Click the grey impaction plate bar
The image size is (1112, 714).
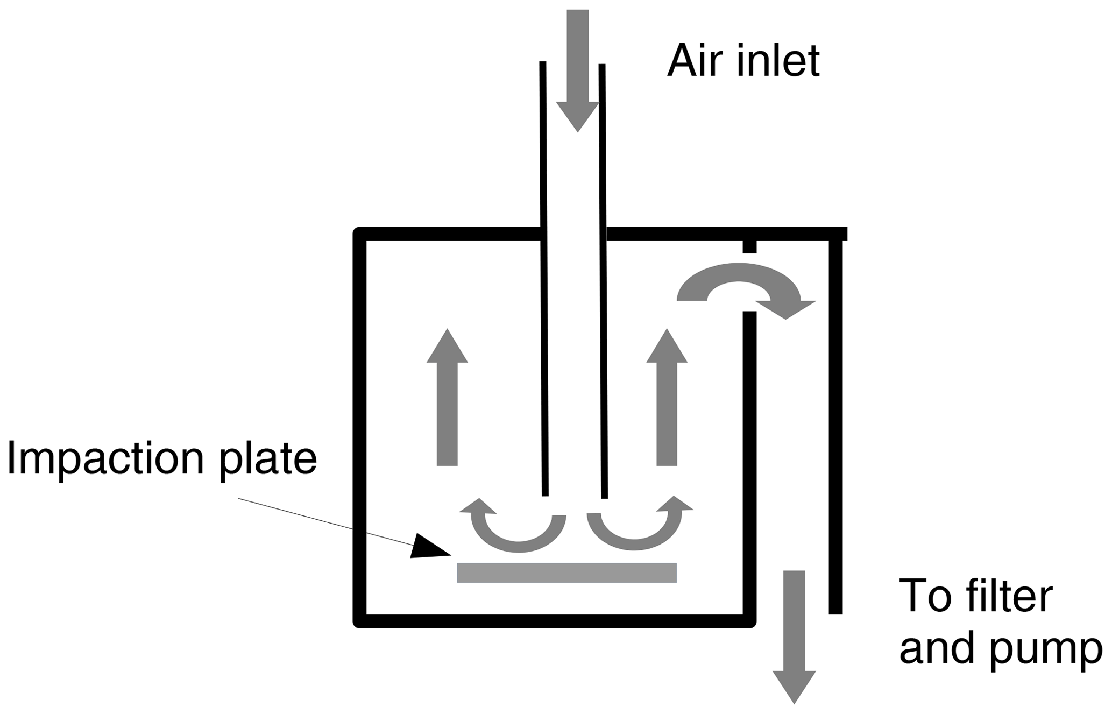coord(566,572)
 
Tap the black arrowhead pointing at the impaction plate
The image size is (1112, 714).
coord(430,547)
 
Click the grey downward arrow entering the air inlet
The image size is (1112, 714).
coord(577,70)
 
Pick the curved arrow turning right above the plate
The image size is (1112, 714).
coord(638,533)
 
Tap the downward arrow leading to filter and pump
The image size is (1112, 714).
coord(794,635)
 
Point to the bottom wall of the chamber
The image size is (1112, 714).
coord(554,621)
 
